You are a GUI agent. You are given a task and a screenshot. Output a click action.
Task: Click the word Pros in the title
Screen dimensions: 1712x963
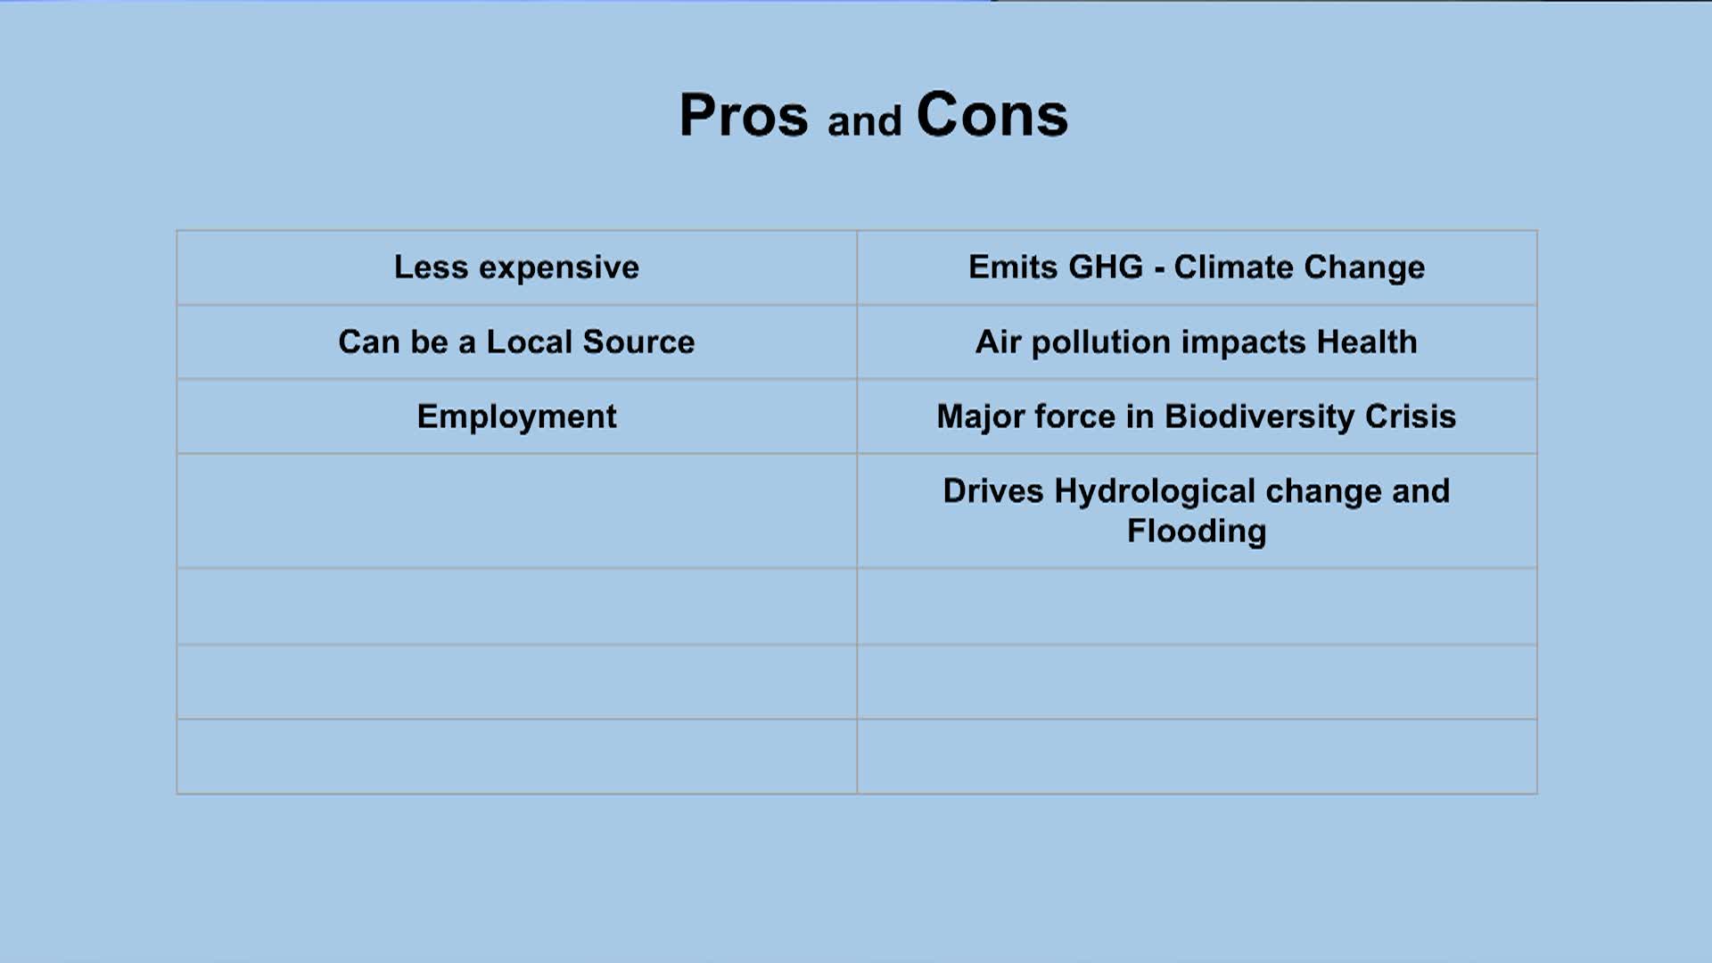point(744,116)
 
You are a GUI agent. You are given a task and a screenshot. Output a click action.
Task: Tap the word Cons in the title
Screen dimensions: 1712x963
point(992,115)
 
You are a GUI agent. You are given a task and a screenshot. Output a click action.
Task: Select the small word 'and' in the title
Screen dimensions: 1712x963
point(864,121)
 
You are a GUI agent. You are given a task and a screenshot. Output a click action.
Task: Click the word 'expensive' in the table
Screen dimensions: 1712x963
point(559,268)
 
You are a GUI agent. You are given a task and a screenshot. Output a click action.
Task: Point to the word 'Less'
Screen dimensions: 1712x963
point(432,267)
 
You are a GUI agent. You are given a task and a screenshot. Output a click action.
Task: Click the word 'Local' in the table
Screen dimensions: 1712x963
point(530,342)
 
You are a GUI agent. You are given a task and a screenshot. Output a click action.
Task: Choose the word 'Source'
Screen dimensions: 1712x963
point(638,342)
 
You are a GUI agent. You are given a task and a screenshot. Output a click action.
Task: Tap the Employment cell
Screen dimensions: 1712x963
point(517,417)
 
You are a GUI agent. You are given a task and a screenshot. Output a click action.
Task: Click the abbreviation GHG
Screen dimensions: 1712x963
point(1106,267)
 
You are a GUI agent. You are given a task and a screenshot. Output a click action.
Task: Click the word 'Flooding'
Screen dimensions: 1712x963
point(1197,532)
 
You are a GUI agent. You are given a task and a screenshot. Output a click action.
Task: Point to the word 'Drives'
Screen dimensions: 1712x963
point(993,491)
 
